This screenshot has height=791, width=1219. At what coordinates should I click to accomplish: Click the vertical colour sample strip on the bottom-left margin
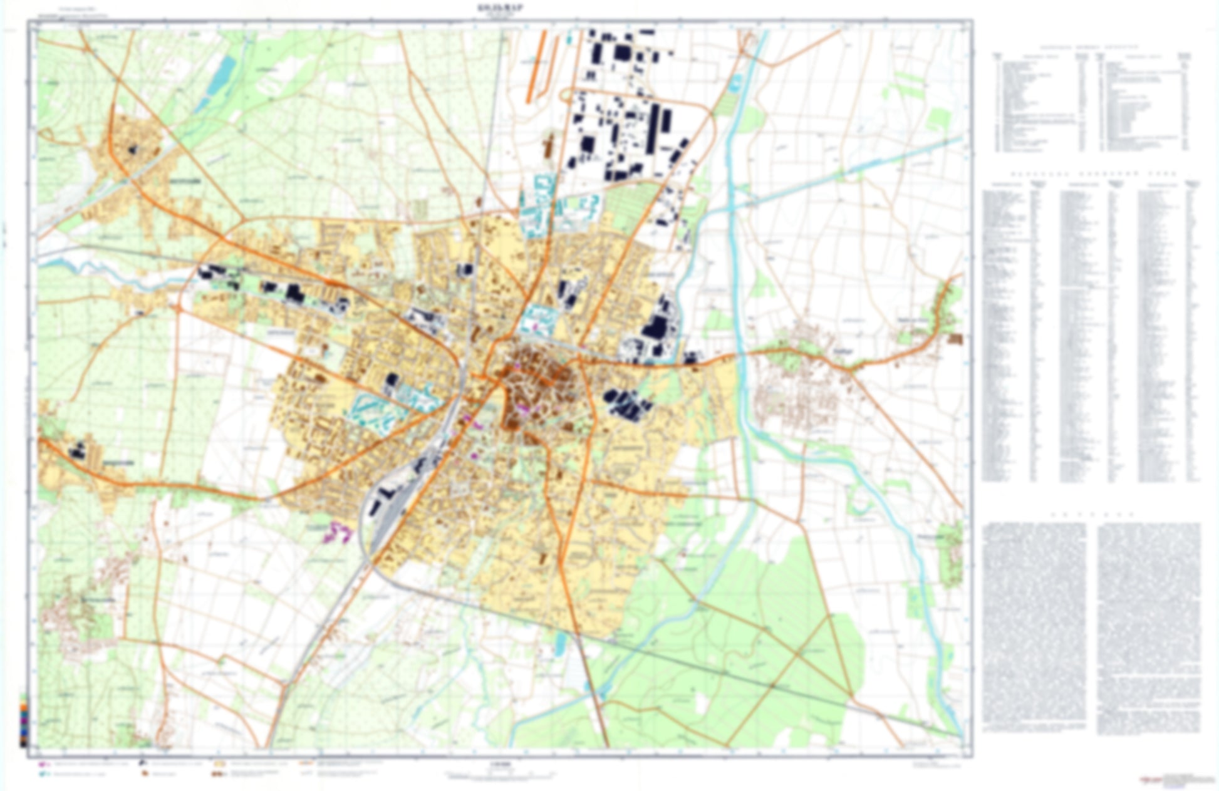tap(24, 720)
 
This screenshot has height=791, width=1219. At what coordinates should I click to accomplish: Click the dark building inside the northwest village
tap(132, 149)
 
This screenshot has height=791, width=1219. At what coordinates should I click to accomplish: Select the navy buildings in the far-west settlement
tap(78, 449)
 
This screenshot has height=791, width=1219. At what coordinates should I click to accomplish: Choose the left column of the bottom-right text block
tap(1034, 626)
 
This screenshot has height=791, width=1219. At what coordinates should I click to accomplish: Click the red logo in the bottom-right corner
tap(1150, 780)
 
